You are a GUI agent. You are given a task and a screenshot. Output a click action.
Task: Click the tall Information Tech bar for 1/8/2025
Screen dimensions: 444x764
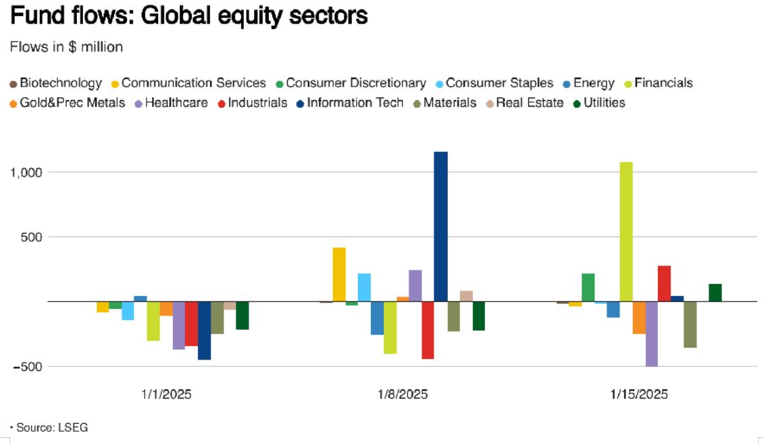(440, 226)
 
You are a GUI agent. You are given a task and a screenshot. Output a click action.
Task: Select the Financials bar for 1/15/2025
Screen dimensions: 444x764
(626, 232)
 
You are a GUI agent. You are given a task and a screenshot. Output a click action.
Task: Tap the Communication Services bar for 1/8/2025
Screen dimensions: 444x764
(339, 274)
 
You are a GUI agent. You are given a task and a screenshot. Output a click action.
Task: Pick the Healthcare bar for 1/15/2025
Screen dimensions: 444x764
(651, 334)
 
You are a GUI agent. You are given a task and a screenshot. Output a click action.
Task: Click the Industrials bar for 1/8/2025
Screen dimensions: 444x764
(428, 330)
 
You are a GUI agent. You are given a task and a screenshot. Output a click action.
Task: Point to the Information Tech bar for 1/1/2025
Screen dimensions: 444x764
(204, 330)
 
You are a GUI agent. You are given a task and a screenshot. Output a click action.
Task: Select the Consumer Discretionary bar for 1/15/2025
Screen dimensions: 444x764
(588, 287)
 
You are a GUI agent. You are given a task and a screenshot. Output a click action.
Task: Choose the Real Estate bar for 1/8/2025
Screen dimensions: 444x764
(466, 296)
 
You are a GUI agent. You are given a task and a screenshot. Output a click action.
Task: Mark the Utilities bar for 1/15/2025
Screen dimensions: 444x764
(715, 293)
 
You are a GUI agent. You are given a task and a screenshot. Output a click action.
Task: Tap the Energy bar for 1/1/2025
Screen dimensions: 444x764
(141, 299)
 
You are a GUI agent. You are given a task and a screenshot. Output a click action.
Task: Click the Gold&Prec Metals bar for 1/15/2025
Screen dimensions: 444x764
(639, 318)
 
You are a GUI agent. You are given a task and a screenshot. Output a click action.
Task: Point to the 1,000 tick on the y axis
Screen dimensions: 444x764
(26, 172)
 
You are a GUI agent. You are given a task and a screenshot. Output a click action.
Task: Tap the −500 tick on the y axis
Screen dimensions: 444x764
(26, 366)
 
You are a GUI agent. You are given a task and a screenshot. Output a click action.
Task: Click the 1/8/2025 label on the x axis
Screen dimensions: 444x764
(403, 394)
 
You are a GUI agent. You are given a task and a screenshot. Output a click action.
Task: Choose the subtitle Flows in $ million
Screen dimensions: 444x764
(66, 47)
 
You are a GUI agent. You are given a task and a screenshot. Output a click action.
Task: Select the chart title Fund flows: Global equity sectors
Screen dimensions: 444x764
(188, 15)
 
